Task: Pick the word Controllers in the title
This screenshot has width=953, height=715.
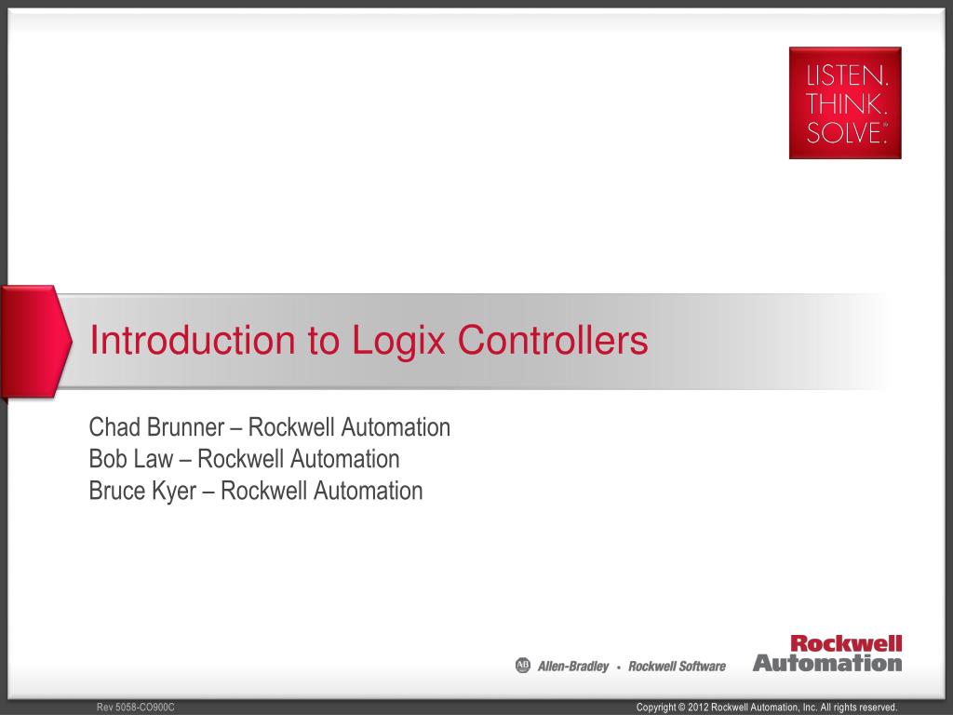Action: point(553,341)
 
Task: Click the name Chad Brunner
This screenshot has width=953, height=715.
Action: point(156,427)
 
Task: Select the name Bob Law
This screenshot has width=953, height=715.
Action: point(130,459)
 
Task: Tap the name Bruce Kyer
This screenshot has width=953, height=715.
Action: point(142,490)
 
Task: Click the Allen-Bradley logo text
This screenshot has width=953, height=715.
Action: point(573,667)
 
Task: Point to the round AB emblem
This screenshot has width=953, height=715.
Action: point(522,666)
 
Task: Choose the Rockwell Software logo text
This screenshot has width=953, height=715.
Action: point(677,667)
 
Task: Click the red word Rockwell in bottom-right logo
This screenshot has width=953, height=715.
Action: point(846,643)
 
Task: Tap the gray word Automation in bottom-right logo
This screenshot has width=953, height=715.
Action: point(827,663)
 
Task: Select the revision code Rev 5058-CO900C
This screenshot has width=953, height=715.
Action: point(136,708)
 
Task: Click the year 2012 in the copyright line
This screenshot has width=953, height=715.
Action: point(698,708)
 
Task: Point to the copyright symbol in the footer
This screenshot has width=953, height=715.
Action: point(680,708)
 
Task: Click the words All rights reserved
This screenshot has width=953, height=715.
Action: point(858,708)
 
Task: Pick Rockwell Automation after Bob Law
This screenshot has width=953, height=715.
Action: point(299,459)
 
